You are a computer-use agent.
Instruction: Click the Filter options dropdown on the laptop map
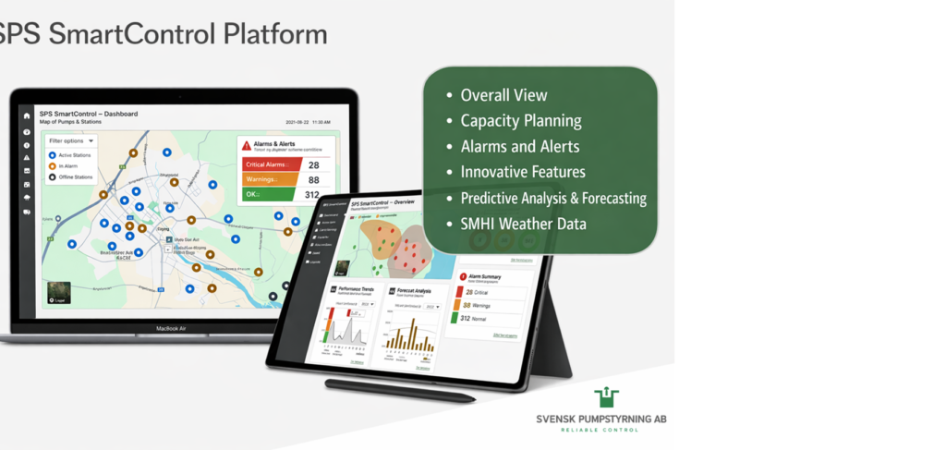point(71,141)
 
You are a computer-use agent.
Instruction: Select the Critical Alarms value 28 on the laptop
point(314,164)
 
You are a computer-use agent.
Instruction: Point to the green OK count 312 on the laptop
point(312,195)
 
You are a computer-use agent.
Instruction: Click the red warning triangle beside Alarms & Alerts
point(247,145)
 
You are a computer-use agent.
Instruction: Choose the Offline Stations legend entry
point(70,176)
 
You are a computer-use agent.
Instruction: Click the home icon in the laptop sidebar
point(27,116)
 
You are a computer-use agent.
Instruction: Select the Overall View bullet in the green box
point(503,95)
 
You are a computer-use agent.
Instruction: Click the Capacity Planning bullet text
point(520,121)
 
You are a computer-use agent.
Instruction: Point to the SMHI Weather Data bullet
point(522,224)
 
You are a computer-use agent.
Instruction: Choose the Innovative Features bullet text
point(522,172)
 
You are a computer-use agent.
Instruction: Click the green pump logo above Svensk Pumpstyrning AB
point(606,398)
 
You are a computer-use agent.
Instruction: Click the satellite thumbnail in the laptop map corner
point(57,293)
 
